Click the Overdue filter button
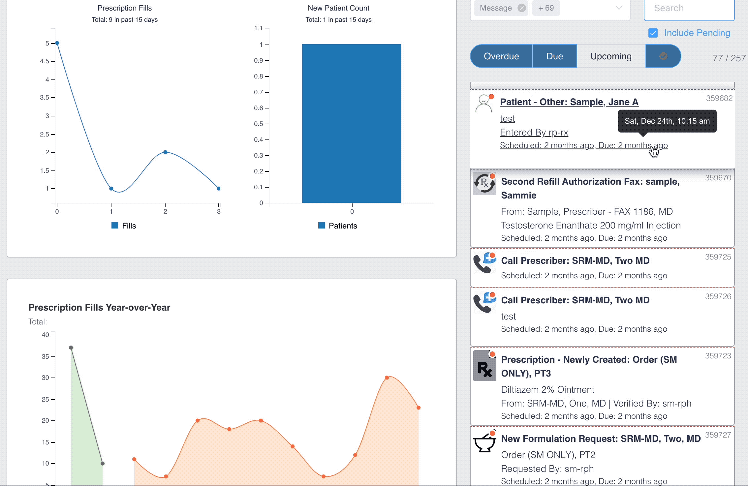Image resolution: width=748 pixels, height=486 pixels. click(501, 56)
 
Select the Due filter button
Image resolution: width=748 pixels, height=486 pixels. click(555, 56)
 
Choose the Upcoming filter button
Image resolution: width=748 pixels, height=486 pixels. click(611, 56)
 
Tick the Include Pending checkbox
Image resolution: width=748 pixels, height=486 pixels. click(653, 33)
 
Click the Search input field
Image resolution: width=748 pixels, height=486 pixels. click(689, 9)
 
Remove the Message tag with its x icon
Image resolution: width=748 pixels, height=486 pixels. click(522, 8)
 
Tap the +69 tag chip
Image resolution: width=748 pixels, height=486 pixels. click(546, 8)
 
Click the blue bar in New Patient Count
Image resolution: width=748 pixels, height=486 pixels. click(352, 123)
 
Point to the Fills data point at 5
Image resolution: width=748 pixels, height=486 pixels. click(57, 43)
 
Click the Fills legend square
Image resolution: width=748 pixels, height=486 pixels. click(115, 225)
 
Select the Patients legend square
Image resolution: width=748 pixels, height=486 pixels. click(322, 225)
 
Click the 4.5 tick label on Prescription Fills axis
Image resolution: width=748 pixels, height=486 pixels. click(45, 61)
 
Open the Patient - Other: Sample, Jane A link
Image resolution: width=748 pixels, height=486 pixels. click(569, 102)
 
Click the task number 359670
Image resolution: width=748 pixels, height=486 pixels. click(718, 178)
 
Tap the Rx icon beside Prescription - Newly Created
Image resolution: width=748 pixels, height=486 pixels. click(485, 366)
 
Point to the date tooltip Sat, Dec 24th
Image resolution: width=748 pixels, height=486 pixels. click(667, 121)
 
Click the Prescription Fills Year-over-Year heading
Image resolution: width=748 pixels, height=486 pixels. click(99, 307)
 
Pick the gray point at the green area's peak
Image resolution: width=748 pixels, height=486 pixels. click(71, 348)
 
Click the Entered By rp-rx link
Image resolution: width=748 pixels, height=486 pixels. click(534, 132)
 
